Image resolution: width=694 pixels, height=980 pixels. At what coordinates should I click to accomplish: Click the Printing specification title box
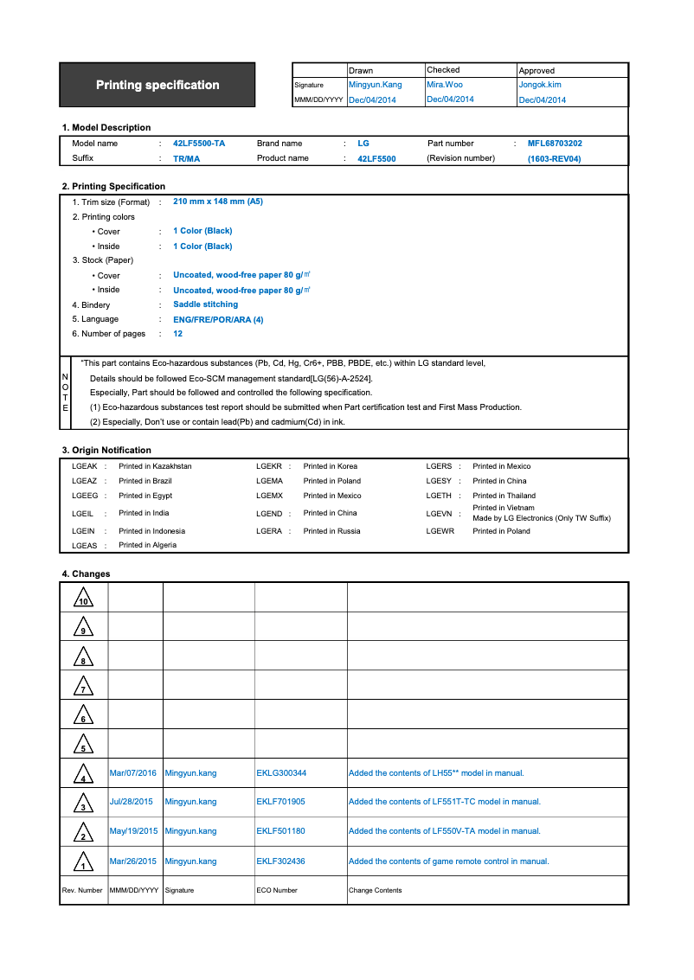pos(157,85)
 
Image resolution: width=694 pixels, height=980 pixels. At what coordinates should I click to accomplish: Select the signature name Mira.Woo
pos(445,85)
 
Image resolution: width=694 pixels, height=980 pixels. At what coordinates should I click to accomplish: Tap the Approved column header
pos(537,70)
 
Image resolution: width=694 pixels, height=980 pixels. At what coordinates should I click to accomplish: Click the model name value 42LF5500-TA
pos(199,144)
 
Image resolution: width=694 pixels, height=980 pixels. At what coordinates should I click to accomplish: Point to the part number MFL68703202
pos(555,144)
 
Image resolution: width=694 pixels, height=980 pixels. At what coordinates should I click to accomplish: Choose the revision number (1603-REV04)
pos(554,159)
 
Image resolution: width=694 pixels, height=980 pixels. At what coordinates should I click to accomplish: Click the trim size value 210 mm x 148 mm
pos(218,202)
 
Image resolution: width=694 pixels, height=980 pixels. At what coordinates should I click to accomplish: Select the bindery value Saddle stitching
pos(205,304)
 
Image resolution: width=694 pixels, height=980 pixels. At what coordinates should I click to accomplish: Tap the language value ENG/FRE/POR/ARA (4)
pos(218,319)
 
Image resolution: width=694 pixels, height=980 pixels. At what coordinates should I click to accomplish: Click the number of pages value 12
pos(177,334)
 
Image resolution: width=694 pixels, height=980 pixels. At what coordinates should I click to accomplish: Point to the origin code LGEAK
pos(84,466)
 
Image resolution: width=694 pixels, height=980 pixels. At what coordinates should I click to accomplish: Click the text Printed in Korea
pos(330,466)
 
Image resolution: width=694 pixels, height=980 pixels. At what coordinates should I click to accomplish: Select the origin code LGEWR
pos(440,531)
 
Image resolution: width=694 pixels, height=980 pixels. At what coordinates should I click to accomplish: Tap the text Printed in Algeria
pos(147,545)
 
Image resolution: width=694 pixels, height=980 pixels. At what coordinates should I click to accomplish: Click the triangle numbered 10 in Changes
pos(83,598)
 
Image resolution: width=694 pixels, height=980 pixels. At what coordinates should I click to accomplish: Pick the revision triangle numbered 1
pos(83,862)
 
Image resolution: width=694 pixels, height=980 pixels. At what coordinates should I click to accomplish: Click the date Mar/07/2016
pos(133,773)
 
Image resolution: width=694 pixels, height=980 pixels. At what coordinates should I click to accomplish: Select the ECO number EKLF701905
pos(280,802)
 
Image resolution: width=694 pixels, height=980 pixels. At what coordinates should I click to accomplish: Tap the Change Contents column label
pos(375,890)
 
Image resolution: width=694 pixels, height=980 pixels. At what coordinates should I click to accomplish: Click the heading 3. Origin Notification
pos(106,450)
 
